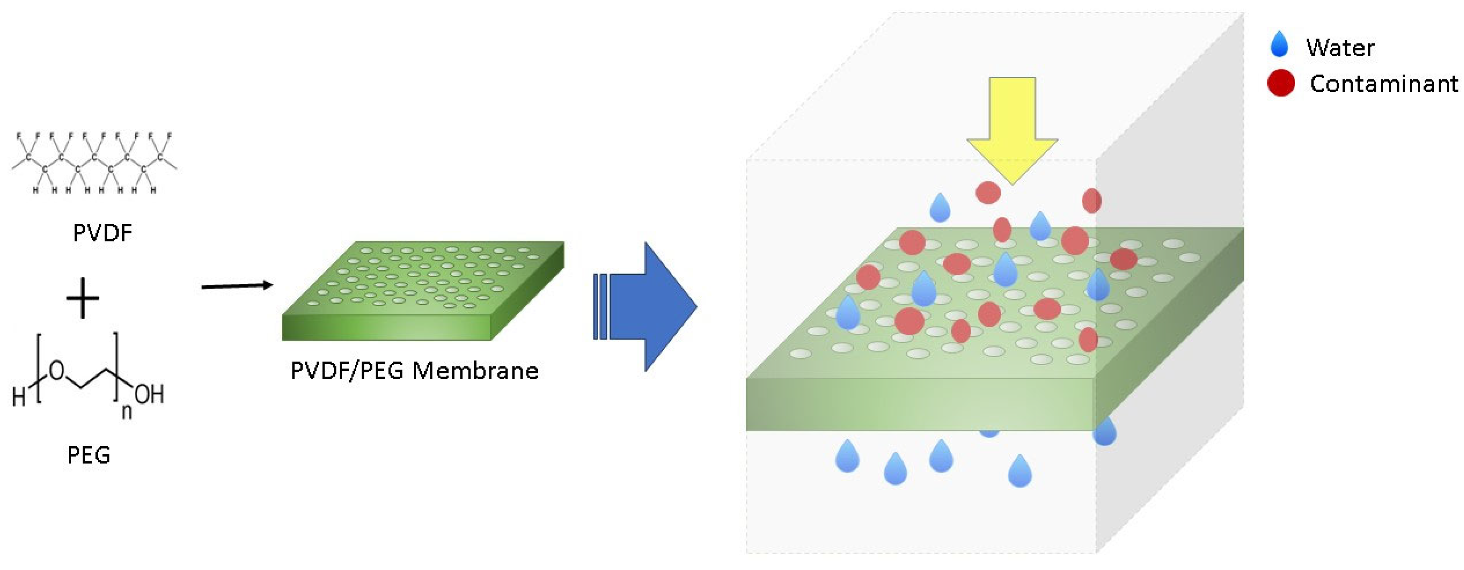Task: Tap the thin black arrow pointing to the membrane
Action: click(237, 286)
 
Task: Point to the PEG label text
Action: click(88, 455)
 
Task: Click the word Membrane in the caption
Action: click(475, 371)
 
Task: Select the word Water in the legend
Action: click(1340, 48)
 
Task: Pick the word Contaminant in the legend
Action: click(1383, 84)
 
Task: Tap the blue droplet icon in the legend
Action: click(1279, 44)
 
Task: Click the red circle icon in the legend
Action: click(1281, 84)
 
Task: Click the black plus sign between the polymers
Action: click(83, 298)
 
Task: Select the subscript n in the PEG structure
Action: click(127, 411)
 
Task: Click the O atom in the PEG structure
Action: click(57, 371)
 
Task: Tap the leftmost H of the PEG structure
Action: click(19, 396)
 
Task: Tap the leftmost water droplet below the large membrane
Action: click(847, 456)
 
